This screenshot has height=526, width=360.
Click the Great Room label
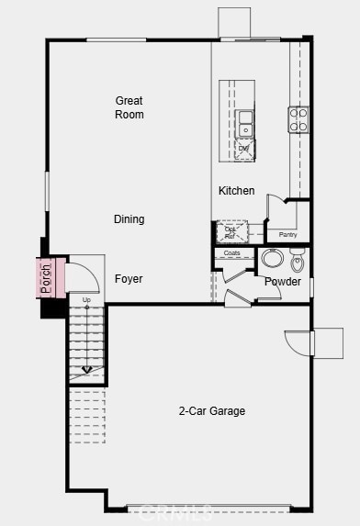pyautogui.click(x=129, y=107)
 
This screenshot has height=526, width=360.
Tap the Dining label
pyautogui.click(x=129, y=219)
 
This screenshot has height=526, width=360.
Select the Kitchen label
pyautogui.click(x=236, y=191)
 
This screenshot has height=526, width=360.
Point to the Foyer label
pyautogui.click(x=129, y=279)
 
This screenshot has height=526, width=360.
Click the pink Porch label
pyautogui.click(x=45, y=278)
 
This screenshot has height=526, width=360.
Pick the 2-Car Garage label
pyautogui.click(x=211, y=411)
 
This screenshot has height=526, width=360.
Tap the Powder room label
pyautogui.click(x=283, y=282)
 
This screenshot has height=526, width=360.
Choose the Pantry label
pyautogui.click(x=287, y=235)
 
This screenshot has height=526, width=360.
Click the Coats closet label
pyautogui.click(x=232, y=253)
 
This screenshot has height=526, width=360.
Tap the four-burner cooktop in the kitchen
pyautogui.click(x=299, y=119)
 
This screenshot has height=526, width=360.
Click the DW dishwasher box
pyautogui.click(x=244, y=149)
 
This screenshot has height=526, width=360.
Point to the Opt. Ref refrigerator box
pyautogui.click(x=231, y=231)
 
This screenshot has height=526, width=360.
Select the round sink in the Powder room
pyautogui.click(x=273, y=258)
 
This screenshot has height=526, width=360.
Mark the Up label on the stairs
pyautogui.click(x=86, y=300)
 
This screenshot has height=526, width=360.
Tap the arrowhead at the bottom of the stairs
pyautogui.click(x=86, y=370)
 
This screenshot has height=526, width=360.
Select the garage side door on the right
pyautogui.click(x=299, y=342)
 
